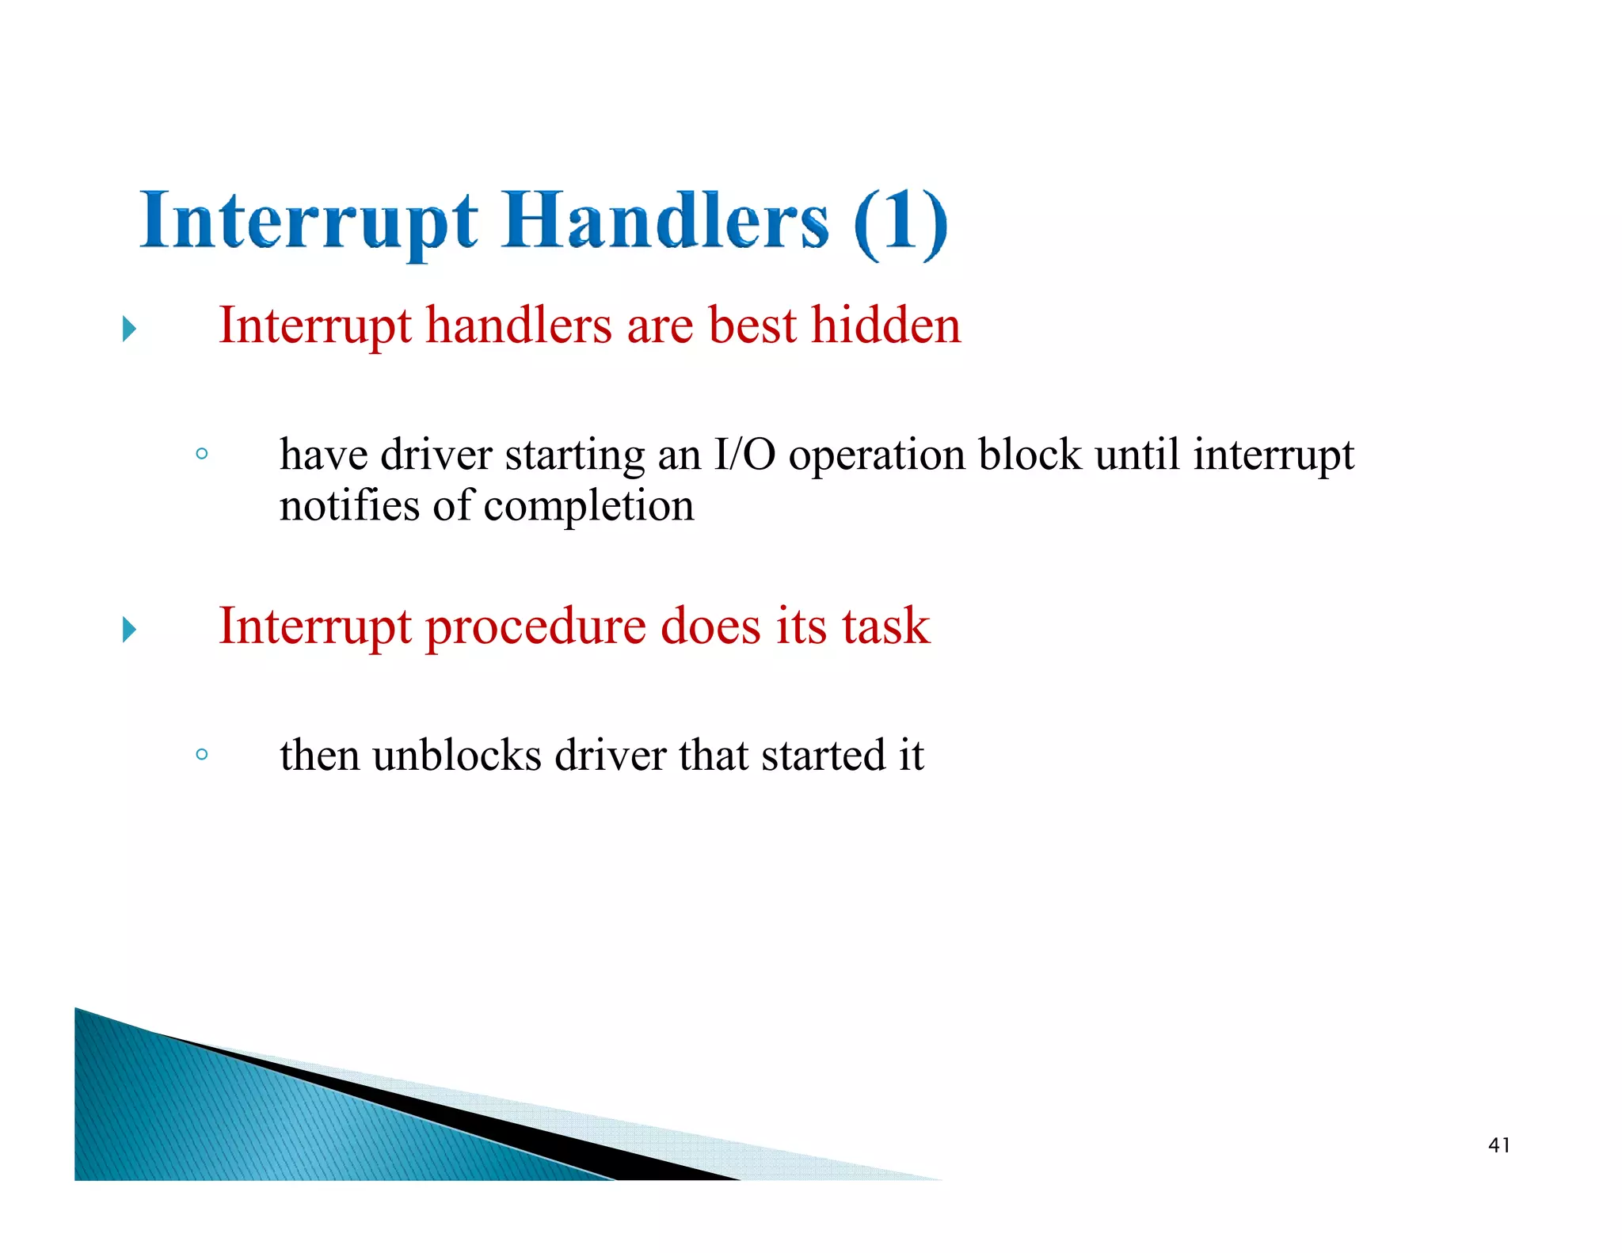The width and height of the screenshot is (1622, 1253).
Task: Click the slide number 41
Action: click(x=1498, y=1145)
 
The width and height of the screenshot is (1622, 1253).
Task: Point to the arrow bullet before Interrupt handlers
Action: click(x=130, y=329)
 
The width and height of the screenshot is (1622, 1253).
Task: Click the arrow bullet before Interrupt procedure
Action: click(x=130, y=630)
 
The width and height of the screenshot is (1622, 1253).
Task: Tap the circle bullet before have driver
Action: click(x=202, y=454)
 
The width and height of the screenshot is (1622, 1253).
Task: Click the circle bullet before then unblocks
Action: click(x=202, y=754)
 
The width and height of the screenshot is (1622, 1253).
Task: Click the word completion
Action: click(x=588, y=507)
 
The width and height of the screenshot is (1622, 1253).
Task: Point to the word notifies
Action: click(x=348, y=505)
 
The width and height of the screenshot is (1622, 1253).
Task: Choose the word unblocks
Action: click(x=457, y=755)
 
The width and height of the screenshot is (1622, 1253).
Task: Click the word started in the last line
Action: click(x=822, y=755)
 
